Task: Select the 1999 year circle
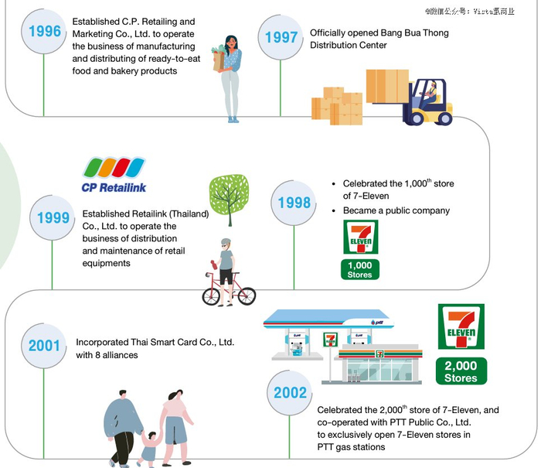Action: (x=53, y=217)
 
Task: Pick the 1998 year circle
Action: (x=294, y=203)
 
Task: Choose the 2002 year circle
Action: (x=290, y=392)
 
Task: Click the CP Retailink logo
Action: (x=114, y=175)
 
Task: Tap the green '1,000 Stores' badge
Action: (x=359, y=269)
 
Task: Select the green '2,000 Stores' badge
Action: (x=461, y=371)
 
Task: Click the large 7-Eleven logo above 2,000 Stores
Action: (x=461, y=327)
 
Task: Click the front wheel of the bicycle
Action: (x=243, y=295)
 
